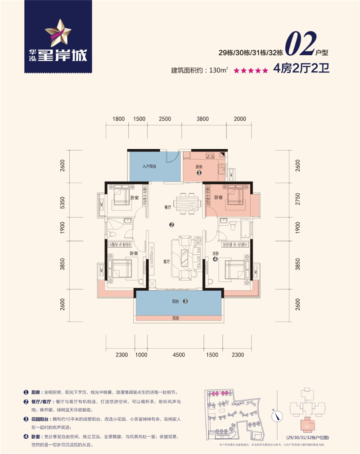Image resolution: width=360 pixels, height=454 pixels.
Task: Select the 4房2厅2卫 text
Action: [x=300, y=70]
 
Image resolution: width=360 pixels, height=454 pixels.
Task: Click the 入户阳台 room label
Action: [x=149, y=166]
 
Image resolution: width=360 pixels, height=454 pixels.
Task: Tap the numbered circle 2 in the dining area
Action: [x=171, y=225]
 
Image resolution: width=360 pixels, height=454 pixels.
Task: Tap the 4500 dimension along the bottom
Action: [x=179, y=355]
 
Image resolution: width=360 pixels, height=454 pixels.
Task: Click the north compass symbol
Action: [x=278, y=416]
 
